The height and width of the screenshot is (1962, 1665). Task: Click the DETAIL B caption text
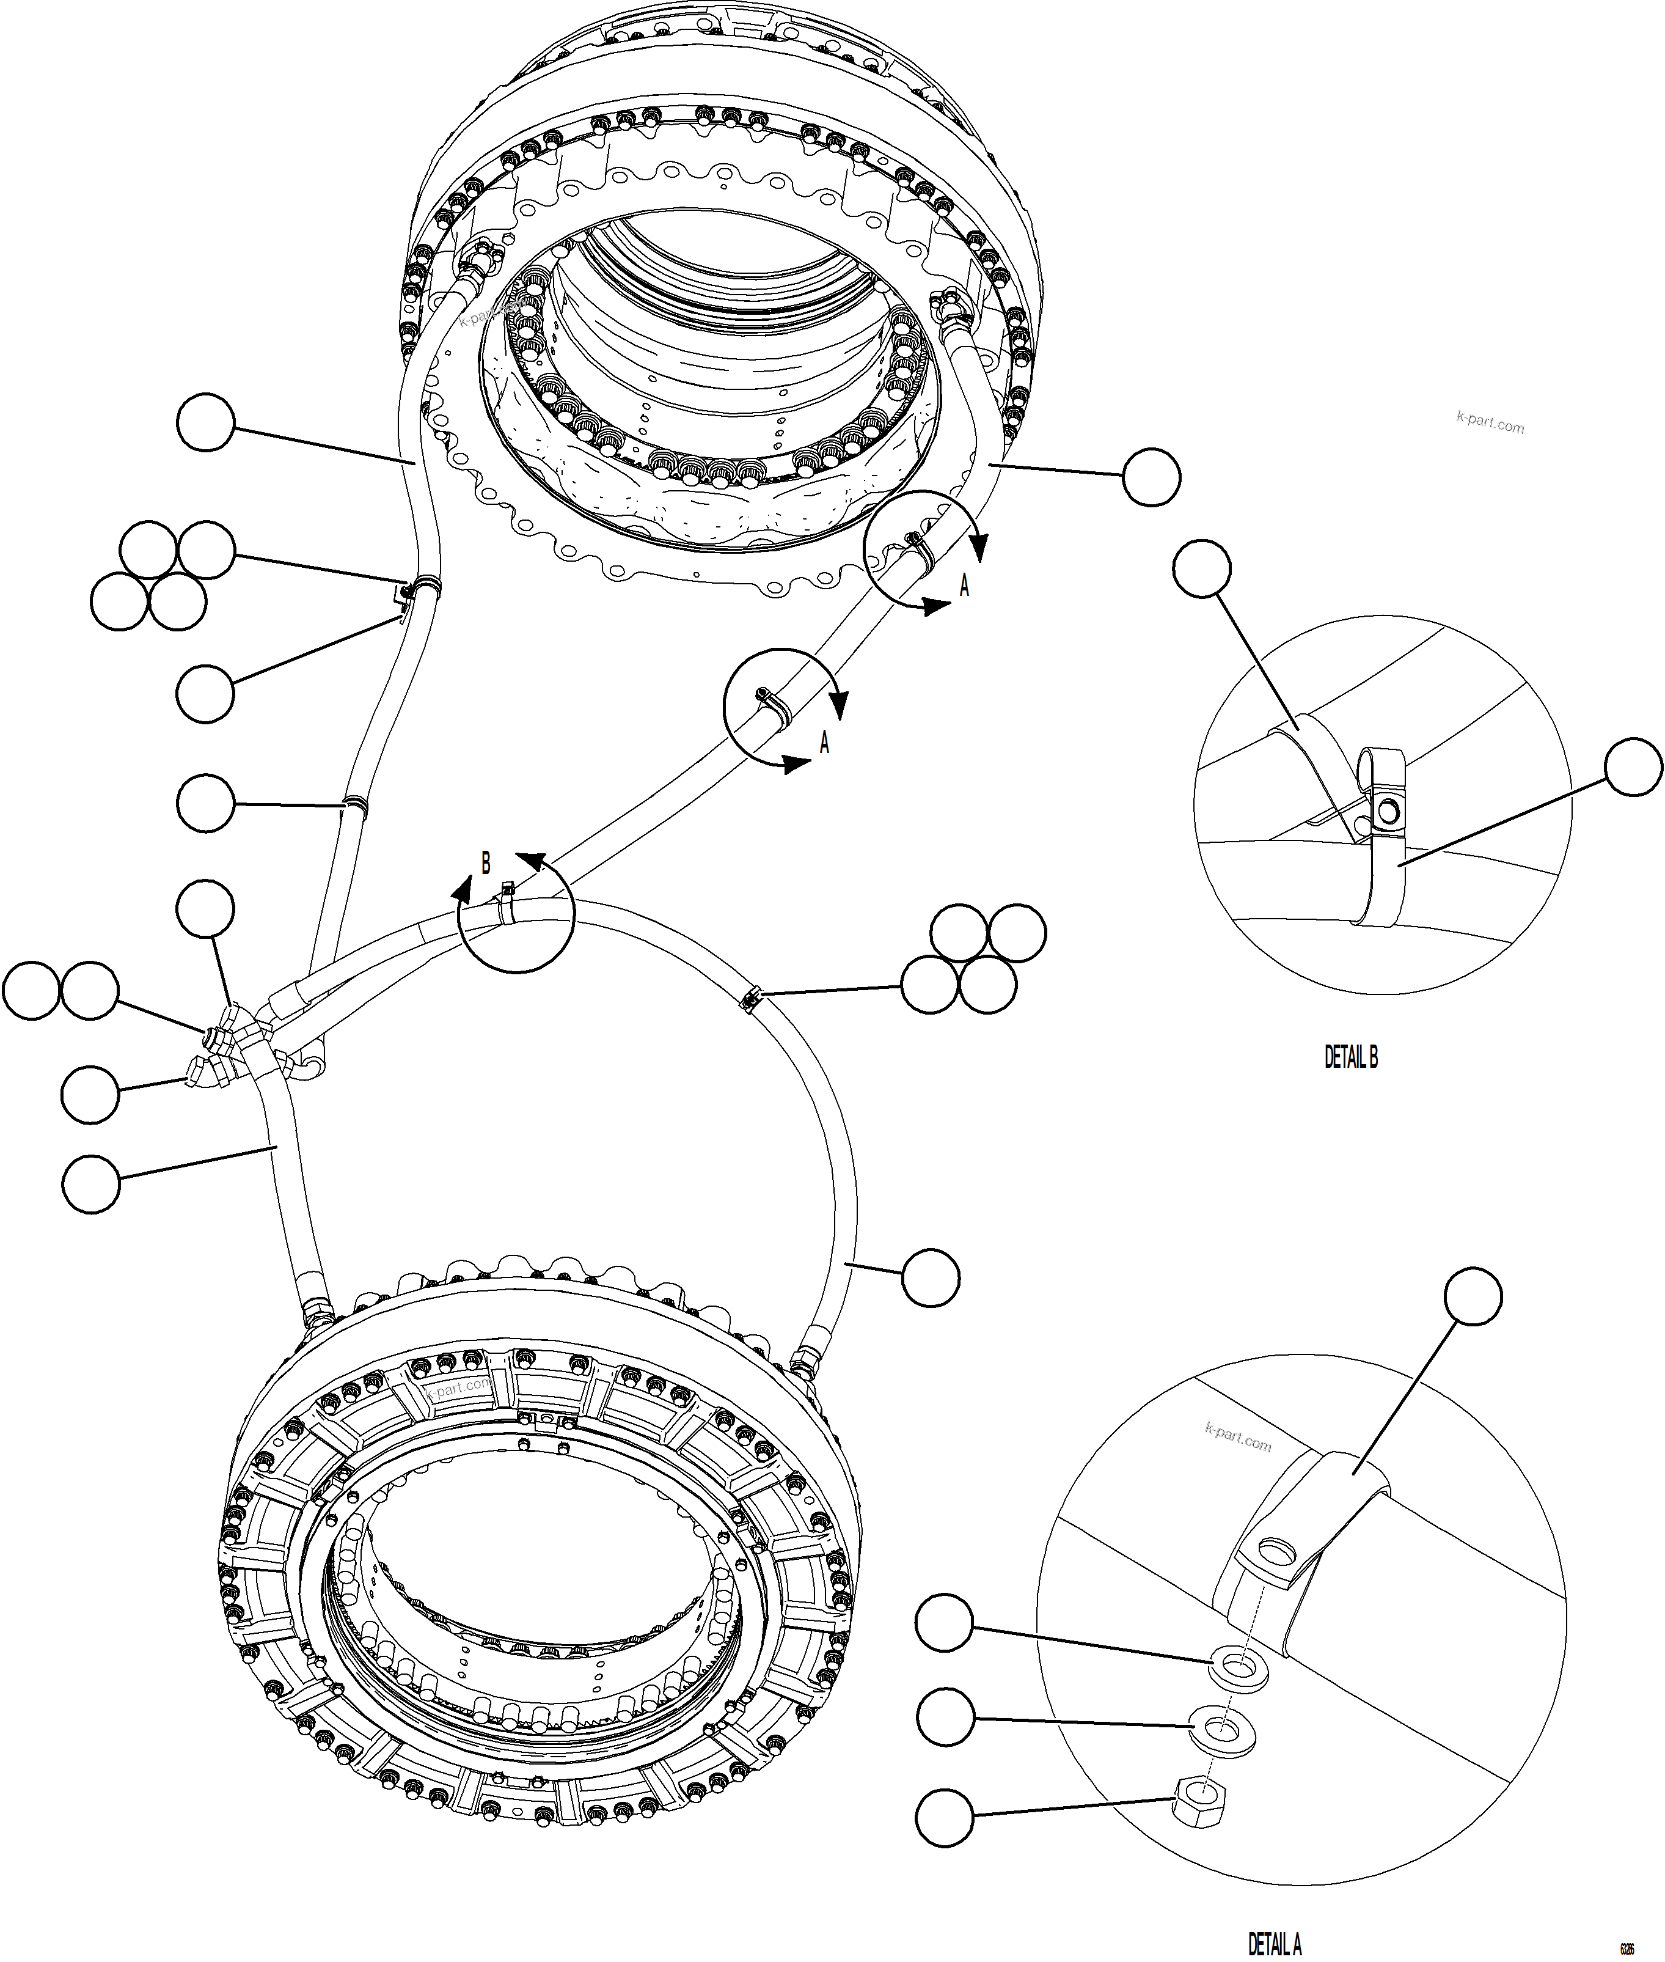(x=1351, y=1057)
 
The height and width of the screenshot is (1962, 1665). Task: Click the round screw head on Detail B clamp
(x=1386, y=810)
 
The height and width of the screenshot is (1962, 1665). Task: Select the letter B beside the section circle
(x=486, y=863)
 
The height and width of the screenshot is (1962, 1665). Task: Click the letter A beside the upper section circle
(x=964, y=586)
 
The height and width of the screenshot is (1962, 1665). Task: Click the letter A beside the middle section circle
(x=824, y=743)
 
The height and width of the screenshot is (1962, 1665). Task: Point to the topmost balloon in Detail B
(x=1202, y=568)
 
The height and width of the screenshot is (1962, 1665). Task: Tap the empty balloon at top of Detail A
(x=1473, y=1297)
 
